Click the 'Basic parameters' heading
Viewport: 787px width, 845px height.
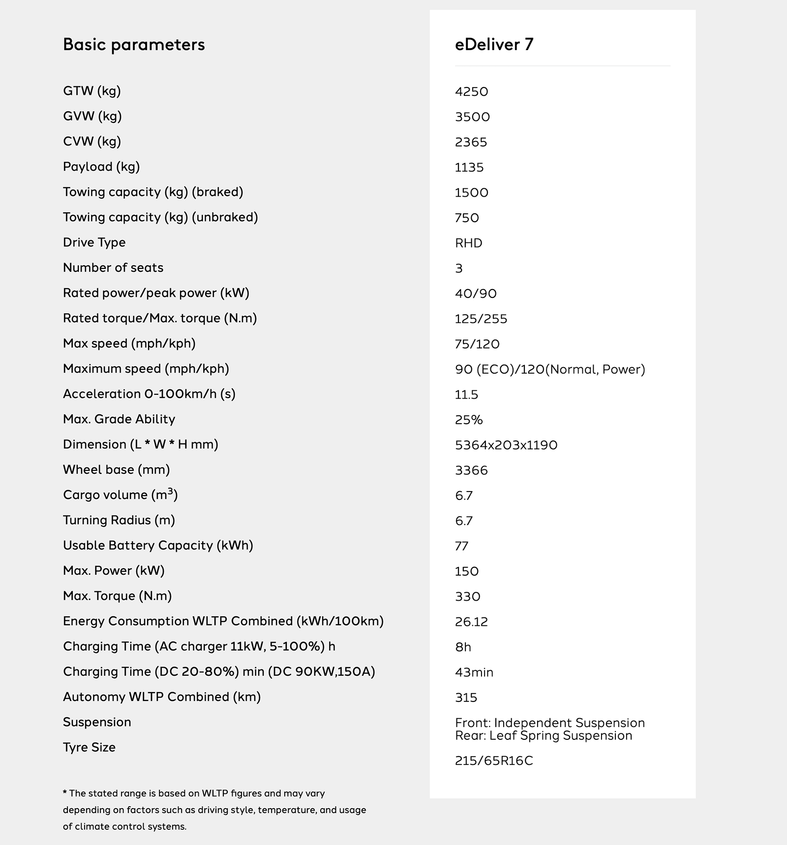134,45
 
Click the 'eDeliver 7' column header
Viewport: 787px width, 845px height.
494,45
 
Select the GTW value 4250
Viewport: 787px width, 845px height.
471,92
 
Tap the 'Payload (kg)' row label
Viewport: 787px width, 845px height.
101,167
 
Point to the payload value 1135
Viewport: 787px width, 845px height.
469,168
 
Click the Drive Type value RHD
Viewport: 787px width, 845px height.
468,243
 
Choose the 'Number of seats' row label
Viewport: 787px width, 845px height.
113,267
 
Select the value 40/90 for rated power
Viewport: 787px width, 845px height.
476,294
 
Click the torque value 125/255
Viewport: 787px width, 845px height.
481,319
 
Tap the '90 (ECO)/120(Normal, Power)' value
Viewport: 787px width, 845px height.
550,370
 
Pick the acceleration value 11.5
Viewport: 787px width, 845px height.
466,395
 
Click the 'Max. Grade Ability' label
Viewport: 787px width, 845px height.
119,419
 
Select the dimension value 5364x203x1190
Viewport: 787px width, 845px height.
506,445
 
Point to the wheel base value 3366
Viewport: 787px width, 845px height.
471,470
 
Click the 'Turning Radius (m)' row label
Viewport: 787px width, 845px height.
119,520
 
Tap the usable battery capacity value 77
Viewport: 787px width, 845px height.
461,546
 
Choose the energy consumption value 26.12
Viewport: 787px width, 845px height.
471,622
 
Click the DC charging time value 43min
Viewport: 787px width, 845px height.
474,672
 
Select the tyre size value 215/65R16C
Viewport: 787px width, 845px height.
494,761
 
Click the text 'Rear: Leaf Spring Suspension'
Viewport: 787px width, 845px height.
544,736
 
